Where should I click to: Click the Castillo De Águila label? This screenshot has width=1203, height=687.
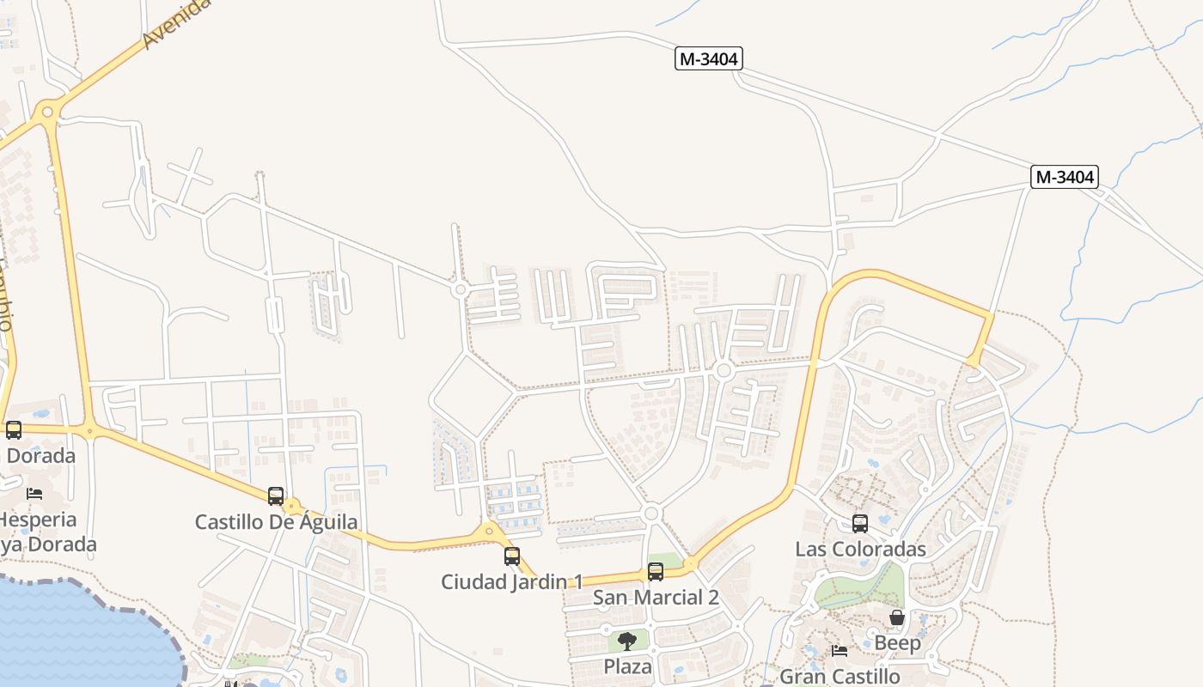pos(276,522)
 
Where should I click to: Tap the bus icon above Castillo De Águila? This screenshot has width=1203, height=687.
pos(276,495)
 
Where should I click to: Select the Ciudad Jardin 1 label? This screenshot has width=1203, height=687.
pos(512,581)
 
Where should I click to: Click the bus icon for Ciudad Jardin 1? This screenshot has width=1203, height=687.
pos(512,556)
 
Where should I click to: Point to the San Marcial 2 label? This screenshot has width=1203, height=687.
pos(656,598)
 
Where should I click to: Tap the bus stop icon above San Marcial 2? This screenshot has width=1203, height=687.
pos(656,571)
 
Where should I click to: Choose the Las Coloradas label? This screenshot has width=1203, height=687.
pos(860,549)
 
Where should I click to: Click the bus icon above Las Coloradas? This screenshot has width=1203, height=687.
pos(860,523)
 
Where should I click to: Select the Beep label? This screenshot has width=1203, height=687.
pos(897,643)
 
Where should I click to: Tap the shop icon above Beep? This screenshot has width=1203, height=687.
pos(897,617)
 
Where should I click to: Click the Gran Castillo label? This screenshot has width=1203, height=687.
pos(840,677)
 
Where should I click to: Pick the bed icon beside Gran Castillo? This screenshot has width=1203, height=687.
pos(840,650)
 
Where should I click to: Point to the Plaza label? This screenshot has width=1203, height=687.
pos(627,666)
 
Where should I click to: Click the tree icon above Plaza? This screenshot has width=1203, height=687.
pos(627,641)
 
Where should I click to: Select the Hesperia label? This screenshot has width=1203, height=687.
pos(39,520)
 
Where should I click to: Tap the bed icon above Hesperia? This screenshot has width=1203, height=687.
pos(34,493)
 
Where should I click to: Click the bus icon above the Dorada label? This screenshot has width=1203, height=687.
pos(14,429)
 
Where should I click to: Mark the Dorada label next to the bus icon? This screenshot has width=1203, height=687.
pos(40,456)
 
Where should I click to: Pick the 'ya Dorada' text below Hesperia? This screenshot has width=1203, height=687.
pos(48,544)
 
